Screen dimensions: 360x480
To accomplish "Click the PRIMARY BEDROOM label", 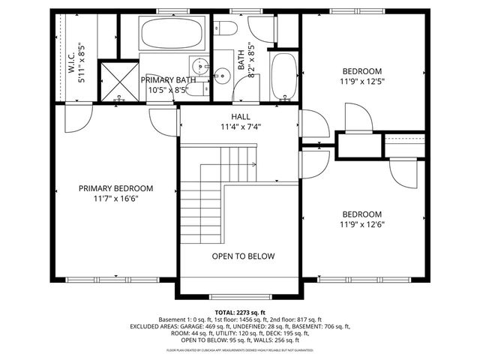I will (116, 188).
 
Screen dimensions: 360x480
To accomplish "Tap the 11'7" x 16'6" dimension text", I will (116, 199).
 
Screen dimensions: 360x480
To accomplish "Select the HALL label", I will (241, 116).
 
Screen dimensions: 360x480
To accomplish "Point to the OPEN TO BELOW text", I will (243, 256).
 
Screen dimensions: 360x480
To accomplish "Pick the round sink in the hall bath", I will (222, 74).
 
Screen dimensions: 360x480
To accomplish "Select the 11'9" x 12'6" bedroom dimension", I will (362, 223).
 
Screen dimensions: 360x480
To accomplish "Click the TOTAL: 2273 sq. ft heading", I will (240, 312).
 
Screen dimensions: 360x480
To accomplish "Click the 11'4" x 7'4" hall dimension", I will (241, 127).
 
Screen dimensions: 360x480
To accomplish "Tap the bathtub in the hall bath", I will (283, 76).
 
